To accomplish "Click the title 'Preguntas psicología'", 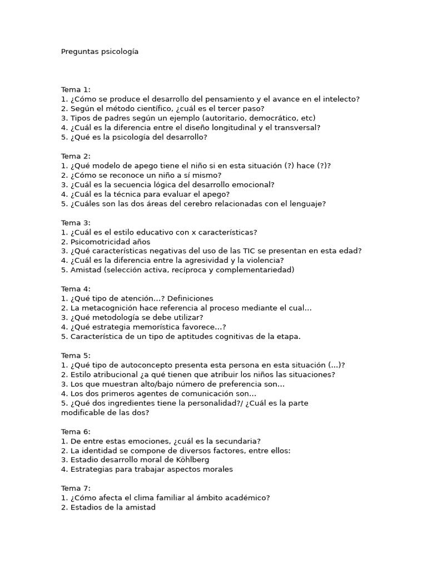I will coord(100,52).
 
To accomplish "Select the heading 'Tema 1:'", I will coord(76,89).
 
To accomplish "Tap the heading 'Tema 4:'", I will coord(76,289).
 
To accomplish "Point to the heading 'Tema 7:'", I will coord(76,488).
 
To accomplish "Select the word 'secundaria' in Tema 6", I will coord(235,441).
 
